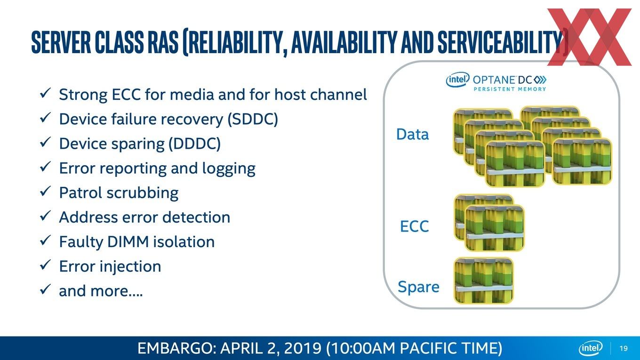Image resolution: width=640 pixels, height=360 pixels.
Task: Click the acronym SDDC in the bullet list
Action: pos(253,119)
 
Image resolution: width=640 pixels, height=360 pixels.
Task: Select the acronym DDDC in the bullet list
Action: pos(194,144)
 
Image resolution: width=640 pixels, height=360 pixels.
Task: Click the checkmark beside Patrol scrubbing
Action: pos(46,191)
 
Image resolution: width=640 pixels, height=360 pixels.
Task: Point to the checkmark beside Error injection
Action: pos(46,264)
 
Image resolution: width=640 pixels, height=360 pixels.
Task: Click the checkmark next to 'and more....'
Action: pos(46,289)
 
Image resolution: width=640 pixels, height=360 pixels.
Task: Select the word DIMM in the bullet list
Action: pos(128,242)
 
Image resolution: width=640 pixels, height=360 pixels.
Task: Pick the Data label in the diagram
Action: pos(413,134)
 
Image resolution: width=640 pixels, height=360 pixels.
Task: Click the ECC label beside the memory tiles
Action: pos(415,226)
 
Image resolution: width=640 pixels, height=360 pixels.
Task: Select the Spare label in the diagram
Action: pos(418,287)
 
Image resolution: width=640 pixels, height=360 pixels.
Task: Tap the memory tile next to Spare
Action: pos(483,280)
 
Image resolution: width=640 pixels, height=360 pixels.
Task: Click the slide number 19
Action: pos(624,348)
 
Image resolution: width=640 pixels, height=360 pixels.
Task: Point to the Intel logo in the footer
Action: pos(590,348)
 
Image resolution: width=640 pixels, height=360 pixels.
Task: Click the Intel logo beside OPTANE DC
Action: pos(457,79)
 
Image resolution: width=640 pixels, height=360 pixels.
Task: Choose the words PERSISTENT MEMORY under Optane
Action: pos(510,89)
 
